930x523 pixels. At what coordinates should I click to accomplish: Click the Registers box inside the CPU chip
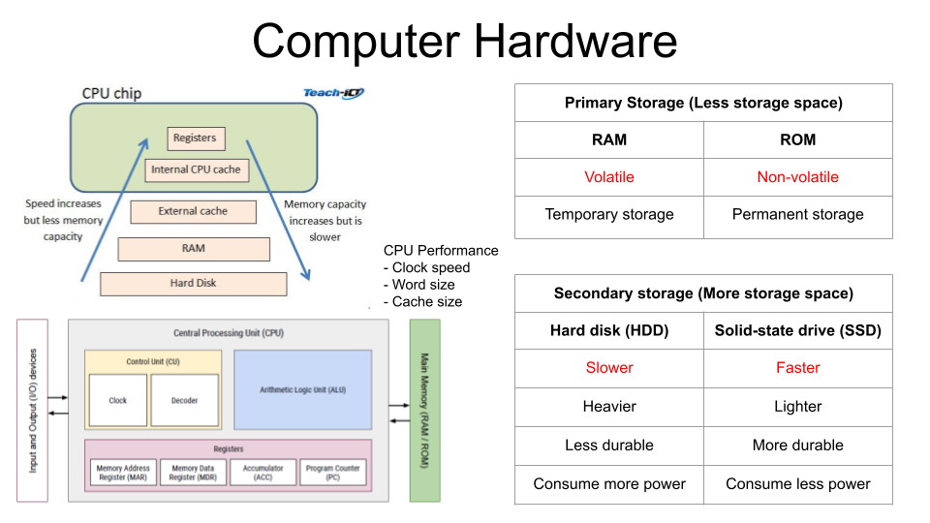click(x=195, y=138)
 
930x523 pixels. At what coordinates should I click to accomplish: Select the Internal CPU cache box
click(x=196, y=170)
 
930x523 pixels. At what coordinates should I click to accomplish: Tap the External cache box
click(x=193, y=211)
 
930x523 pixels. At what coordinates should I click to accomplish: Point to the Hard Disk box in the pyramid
click(x=194, y=284)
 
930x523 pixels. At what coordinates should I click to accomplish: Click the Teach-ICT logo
click(x=333, y=93)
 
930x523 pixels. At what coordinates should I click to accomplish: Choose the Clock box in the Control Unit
click(x=118, y=400)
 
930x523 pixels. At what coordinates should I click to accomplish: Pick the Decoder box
click(x=185, y=400)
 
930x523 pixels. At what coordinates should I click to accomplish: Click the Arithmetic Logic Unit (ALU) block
click(x=302, y=389)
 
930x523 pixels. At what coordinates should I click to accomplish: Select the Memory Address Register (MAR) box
click(x=123, y=473)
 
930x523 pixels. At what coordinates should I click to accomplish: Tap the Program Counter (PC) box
click(x=333, y=473)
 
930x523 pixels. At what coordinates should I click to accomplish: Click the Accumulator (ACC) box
click(x=263, y=473)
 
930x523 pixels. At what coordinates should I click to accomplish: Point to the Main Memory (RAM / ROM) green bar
click(x=424, y=411)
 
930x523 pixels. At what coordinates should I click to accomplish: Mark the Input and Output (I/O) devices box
click(x=32, y=411)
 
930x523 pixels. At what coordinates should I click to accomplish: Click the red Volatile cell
click(x=609, y=177)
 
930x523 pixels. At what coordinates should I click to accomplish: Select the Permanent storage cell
click(x=797, y=215)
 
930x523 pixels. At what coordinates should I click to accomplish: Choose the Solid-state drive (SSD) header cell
click(x=797, y=330)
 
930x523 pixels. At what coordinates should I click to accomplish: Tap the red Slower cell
click(x=609, y=368)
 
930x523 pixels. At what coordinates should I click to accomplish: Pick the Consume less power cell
click(x=797, y=484)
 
